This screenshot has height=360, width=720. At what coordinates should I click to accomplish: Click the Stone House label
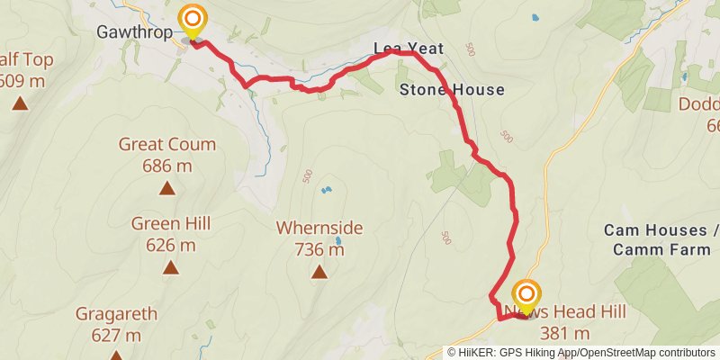[x=451, y=90]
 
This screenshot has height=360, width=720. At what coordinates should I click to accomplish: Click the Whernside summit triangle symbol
[x=319, y=271]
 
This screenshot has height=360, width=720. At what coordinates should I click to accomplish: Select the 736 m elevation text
[x=319, y=250]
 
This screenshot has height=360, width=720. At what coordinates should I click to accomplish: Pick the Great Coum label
[x=167, y=144]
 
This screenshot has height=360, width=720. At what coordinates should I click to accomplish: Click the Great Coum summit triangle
[x=167, y=188]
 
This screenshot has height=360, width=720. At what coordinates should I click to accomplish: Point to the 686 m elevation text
[x=167, y=166]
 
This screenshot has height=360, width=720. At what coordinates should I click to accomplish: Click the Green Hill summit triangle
[x=169, y=267]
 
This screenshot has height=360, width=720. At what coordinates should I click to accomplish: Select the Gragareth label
[x=117, y=314]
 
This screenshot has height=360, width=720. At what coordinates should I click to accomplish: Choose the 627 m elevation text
[x=117, y=336]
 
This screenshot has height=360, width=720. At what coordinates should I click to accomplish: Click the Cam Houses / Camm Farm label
[x=661, y=240]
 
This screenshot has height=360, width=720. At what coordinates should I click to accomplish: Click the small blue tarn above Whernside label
[x=326, y=190]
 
